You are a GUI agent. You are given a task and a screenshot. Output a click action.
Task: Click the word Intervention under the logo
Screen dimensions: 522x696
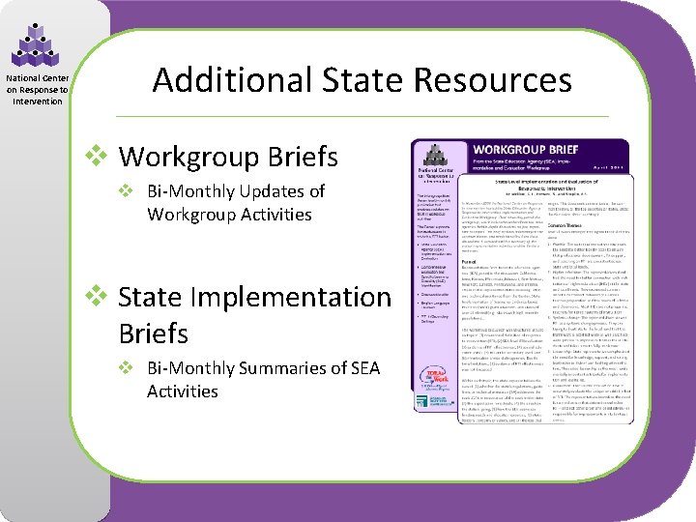pyautogui.click(x=38, y=101)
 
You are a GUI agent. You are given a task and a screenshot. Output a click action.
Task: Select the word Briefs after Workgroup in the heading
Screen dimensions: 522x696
pyautogui.click(x=306, y=156)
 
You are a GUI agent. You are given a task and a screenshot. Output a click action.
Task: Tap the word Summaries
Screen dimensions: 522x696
pyautogui.click(x=280, y=368)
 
